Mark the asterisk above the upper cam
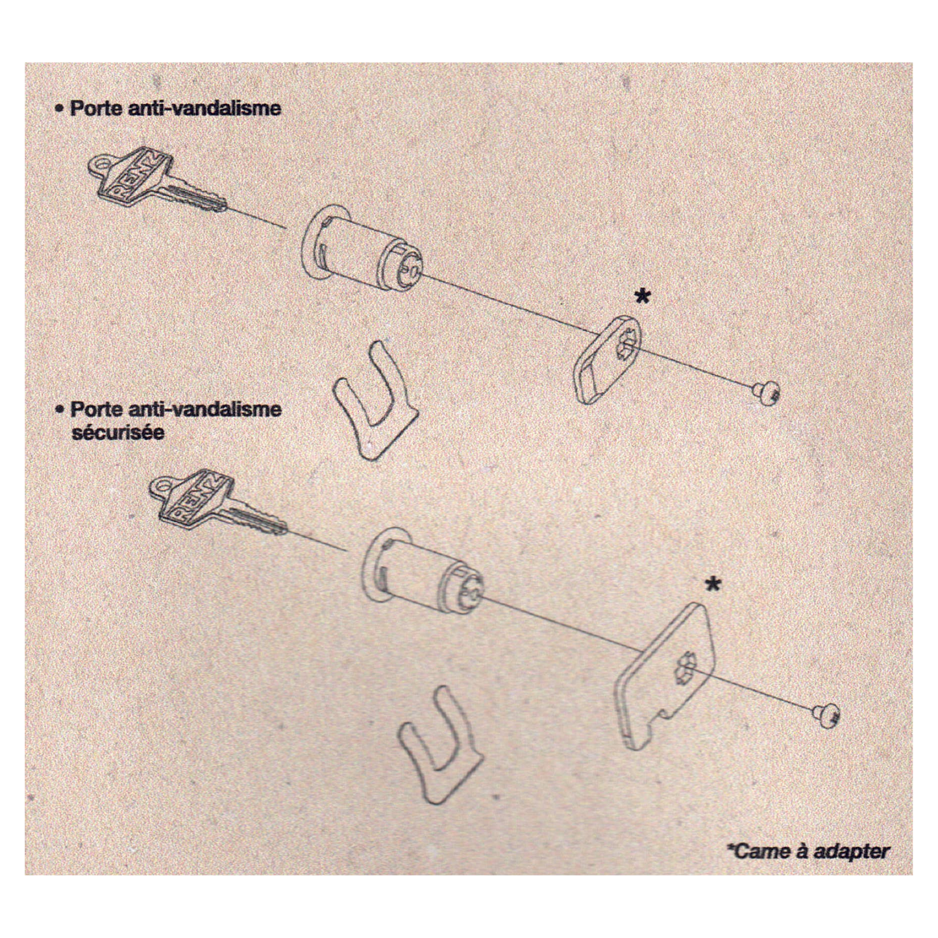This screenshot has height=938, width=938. click(x=643, y=296)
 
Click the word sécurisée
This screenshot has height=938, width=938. click(x=117, y=432)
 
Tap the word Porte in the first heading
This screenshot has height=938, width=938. click(x=96, y=108)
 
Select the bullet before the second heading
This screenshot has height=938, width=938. click(x=59, y=410)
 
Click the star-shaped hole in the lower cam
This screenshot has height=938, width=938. click(x=686, y=666)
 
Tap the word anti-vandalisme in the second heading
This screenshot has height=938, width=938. click(x=204, y=409)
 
